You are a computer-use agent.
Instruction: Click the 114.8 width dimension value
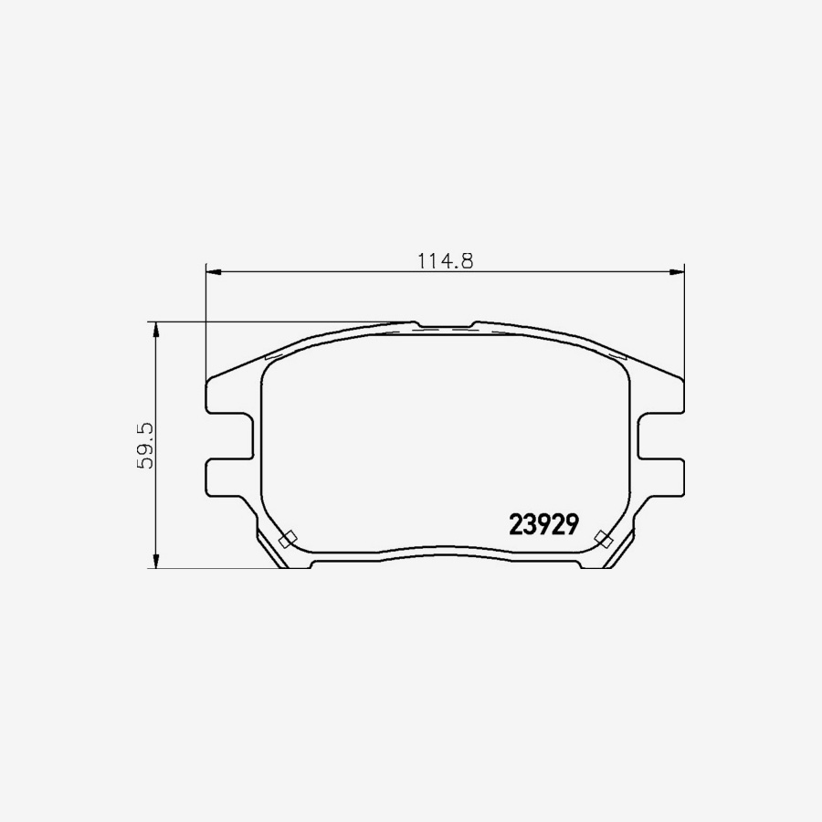[x=445, y=260]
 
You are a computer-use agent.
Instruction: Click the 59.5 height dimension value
[x=145, y=446]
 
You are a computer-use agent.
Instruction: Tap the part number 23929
[x=543, y=524]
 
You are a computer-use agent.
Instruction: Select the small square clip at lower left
[x=286, y=539]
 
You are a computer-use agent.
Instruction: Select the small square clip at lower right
[x=602, y=537]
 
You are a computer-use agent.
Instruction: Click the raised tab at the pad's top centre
[x=446, y=326]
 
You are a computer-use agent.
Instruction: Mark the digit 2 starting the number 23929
[x=515, y=524]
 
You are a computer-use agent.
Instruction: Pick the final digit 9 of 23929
[x=573, y=524]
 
